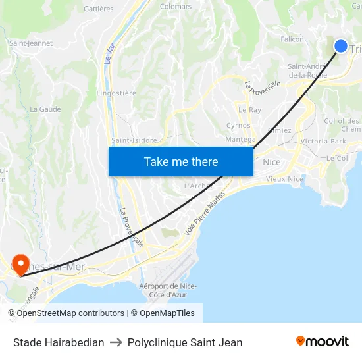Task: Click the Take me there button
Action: point(181,161)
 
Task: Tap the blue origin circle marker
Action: point(341,45)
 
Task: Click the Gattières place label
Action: point(99,9)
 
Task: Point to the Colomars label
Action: point(176,7)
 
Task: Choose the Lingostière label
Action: point(116,93)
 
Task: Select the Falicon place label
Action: point(292,39)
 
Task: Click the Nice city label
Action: point(271,162)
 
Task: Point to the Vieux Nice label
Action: point(285,179)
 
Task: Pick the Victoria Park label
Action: point(323,142)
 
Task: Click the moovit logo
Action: point(323,342)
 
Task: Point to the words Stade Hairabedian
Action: point(59,342)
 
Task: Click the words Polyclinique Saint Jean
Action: point(185,342)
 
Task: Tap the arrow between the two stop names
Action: point(116,342)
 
